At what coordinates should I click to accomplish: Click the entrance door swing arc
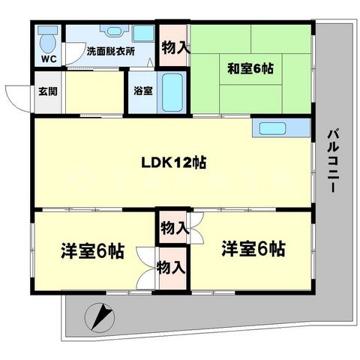(x=16, y=94)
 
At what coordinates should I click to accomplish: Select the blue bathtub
(x=172, y=91)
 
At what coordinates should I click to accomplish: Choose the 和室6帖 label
(x=250, y=68)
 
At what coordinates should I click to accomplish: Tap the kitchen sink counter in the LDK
(x=280, y=128)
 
